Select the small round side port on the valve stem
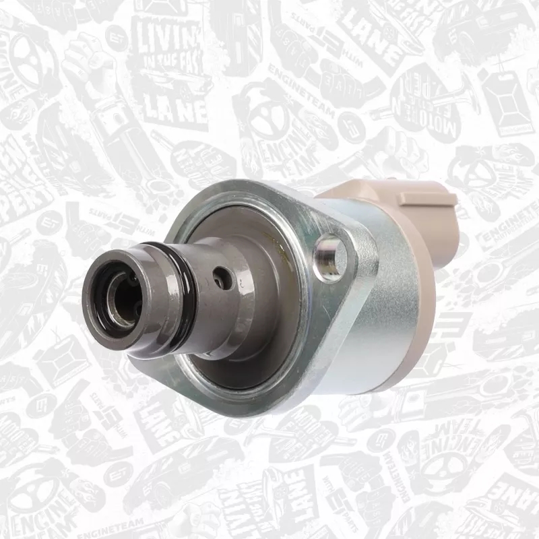tap(219, 276)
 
